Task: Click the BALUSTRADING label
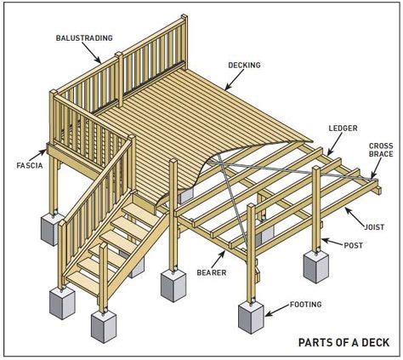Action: (82, 38)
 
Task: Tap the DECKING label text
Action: (244, 65)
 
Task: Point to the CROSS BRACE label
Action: (380, 151)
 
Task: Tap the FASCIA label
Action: (24, 164)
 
